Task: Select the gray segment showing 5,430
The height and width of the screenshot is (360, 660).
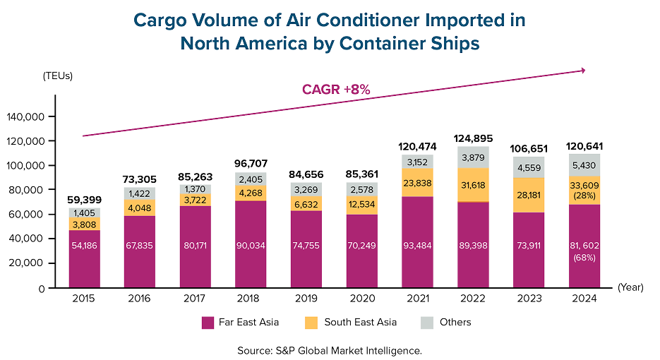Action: point(584,164)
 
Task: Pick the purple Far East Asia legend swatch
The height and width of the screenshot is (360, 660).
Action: point(208,322)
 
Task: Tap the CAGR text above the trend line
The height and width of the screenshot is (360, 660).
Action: point(336,90)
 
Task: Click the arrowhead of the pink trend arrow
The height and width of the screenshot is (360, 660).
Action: point(584,70)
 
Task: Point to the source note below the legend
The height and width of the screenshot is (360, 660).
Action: point(330,349)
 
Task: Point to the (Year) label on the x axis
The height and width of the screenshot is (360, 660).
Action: point(630,288)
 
